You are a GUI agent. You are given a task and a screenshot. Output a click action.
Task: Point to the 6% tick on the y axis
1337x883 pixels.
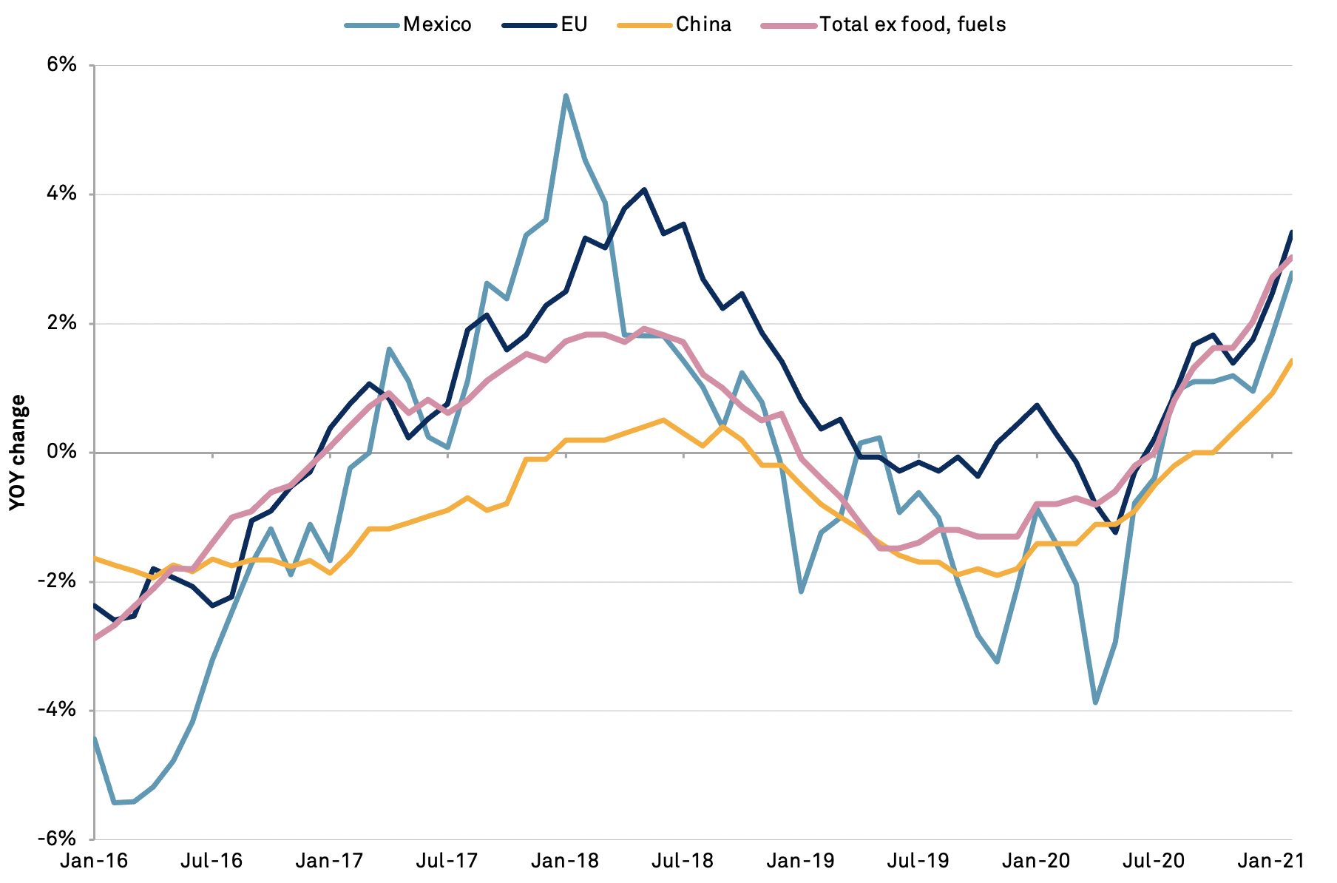coord(62,65)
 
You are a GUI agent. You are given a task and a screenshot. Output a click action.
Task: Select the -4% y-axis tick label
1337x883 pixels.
coord(59,710)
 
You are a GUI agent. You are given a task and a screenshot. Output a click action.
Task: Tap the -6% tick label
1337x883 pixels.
coord(59,839)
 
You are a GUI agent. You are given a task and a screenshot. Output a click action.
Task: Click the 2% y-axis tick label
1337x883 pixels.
coord(62,323)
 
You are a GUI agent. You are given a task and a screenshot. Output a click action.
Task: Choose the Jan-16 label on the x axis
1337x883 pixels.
coord(94,861)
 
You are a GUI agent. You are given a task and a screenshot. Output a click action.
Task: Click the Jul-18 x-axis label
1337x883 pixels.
coord(683,861)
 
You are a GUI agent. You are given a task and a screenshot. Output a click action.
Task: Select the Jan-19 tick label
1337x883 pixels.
coord(801,861)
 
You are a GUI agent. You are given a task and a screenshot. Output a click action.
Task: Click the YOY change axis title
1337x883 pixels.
coord(18,452)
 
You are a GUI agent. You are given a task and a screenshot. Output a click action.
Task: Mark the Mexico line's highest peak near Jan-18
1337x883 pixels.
coord(566,95)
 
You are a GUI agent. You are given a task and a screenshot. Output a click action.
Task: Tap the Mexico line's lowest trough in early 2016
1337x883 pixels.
coord(115,802)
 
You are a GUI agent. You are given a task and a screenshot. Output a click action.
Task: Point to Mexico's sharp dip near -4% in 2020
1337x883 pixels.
coord(1095,703)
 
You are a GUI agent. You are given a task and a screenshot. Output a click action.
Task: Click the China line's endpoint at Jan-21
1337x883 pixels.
coord(1291,360)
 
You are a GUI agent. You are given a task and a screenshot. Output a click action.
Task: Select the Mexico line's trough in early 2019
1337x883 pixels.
coord(801,592)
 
